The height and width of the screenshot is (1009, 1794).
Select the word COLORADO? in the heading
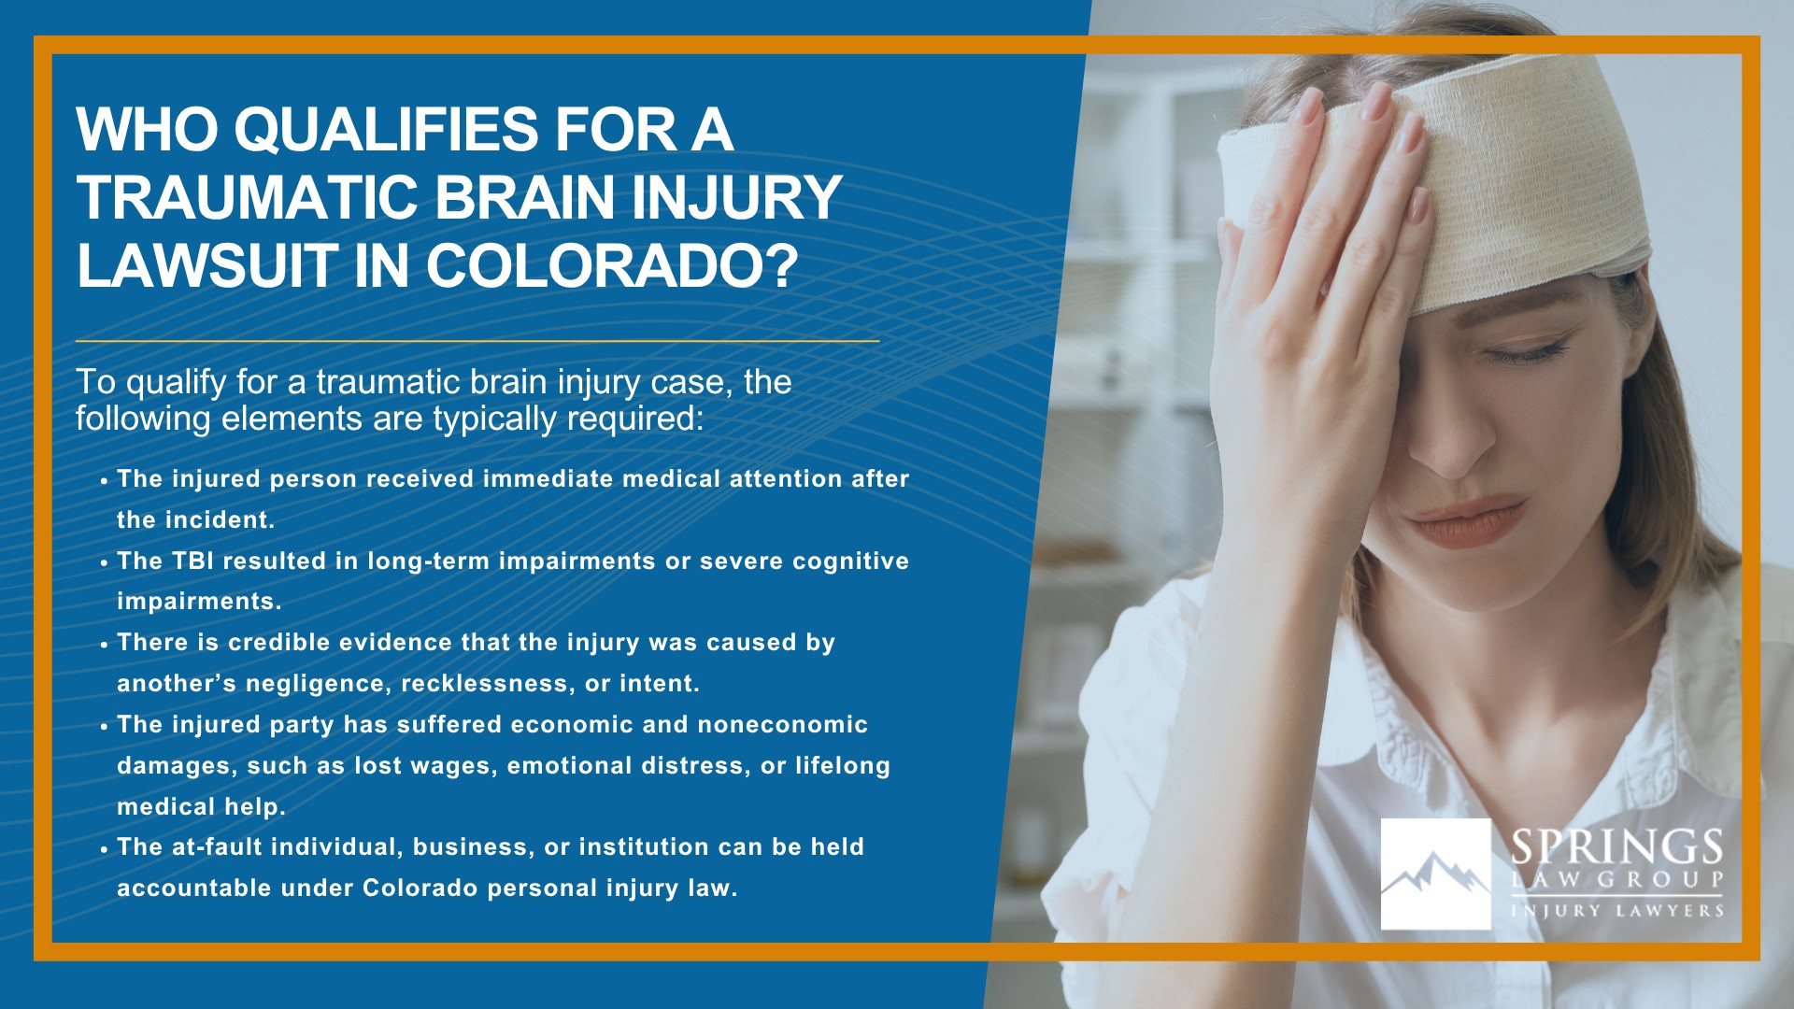612,266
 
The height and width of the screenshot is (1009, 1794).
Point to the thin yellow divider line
477,341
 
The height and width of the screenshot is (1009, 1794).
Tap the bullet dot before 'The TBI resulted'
105,563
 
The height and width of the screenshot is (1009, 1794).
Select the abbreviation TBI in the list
192,561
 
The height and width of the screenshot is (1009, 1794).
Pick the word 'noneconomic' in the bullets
782,725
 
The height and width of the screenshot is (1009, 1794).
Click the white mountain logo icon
1435,874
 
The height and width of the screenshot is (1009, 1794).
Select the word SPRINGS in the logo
1616,847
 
